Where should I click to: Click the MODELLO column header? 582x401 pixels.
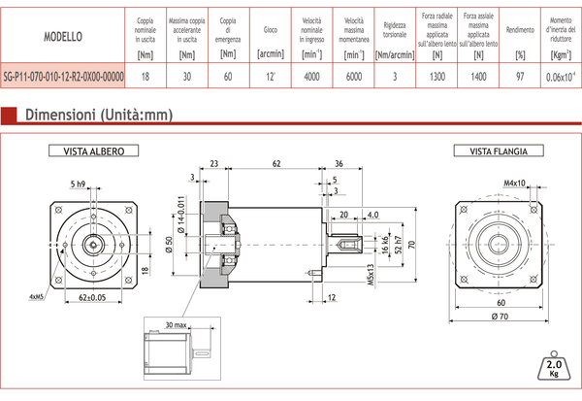(x=63, y=36)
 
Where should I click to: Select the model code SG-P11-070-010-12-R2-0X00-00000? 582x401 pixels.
(x=63, y=75)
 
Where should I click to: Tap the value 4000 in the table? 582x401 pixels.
(x=311, y=76)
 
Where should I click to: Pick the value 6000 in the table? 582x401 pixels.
(x=353, y=76)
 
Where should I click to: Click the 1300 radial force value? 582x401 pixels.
(x=436, y=76)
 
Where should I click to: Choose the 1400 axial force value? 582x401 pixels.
(x=478, y=76)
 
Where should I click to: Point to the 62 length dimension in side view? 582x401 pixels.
(x=277, y=163)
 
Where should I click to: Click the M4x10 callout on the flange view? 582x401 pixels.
(x=514, y=182)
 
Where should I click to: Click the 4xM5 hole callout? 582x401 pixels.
(x=38, y=296)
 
